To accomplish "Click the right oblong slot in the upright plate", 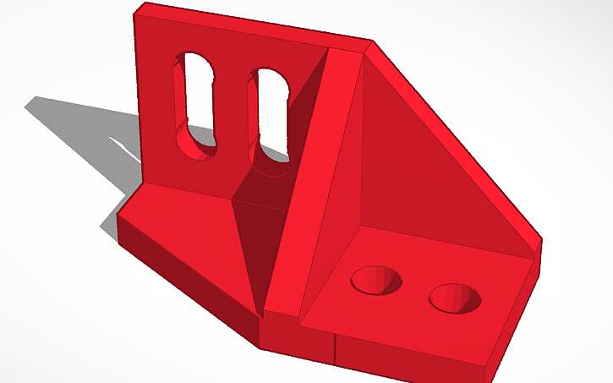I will click(268, 114).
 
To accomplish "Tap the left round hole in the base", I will click(377, 280).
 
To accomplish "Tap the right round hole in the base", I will click(454, 298).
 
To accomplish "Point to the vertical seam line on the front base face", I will click(336, 347).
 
